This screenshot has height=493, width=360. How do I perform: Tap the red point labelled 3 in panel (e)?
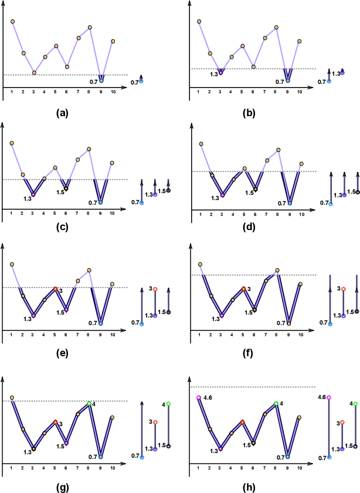[x=56, y=289]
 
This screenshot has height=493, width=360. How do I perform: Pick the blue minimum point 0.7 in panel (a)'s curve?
[x=101, y=80]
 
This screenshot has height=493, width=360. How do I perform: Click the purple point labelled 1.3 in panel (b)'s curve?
[x=220, y=73]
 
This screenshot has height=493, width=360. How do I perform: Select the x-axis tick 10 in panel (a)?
[x=112, y=92]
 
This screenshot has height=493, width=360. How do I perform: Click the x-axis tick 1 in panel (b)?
[x=199, y=92]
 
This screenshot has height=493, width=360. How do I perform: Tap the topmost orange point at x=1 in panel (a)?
[x=12, y=22]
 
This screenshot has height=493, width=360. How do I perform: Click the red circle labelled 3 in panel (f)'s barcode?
[x=343, y=289]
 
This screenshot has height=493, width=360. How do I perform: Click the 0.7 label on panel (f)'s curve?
[x=280, y=323]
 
